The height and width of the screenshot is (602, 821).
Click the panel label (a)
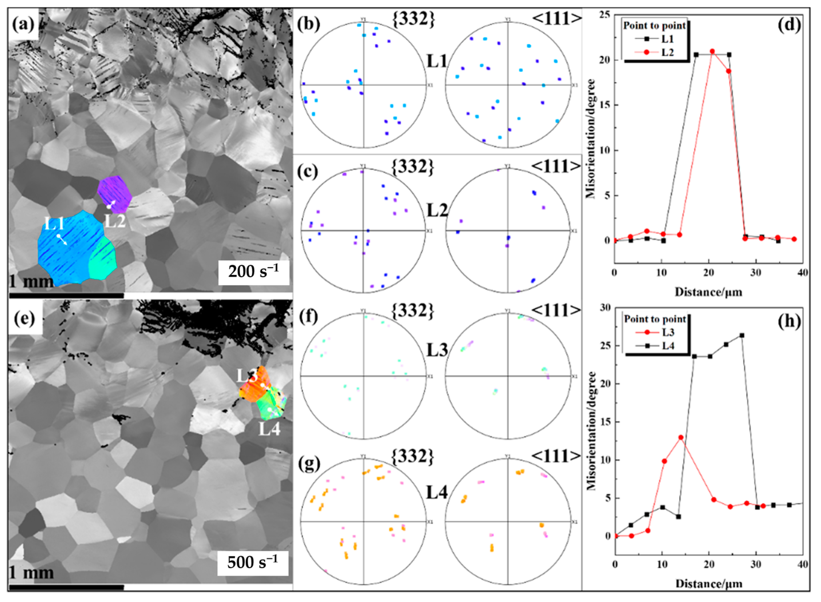click(23, 25)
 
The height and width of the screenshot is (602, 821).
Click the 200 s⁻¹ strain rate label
click(254, 272)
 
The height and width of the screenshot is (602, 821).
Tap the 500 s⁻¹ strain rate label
click(253, 562)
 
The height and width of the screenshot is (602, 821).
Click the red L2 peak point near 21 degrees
click(712, 51)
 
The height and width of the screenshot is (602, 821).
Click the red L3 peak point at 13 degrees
click(681, 437)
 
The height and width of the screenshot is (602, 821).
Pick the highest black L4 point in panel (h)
click(742, 335)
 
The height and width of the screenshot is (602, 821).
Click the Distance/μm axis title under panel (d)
click(708, 292)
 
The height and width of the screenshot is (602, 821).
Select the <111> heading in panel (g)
click(555, 457)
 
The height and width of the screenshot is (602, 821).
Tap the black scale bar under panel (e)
click(66, 587)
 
